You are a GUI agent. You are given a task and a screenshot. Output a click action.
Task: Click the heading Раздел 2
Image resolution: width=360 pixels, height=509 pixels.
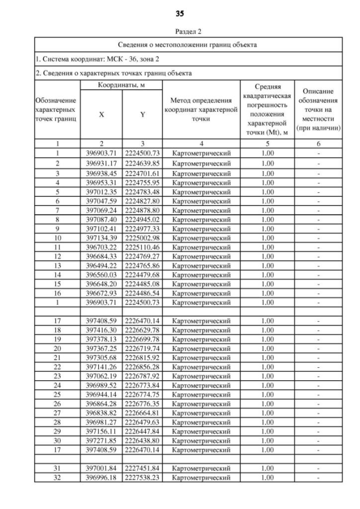(x=179, y=31)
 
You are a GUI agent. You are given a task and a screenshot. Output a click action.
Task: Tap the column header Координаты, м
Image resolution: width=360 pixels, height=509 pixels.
(x=121, y=85)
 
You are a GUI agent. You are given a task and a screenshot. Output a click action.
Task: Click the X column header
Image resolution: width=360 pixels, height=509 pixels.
(x=101, y=114)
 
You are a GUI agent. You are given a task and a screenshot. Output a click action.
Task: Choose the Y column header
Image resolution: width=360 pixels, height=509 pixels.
(x=142, y=114)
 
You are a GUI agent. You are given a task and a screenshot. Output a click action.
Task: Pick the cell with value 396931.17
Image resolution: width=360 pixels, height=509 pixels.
(x=101, y=163)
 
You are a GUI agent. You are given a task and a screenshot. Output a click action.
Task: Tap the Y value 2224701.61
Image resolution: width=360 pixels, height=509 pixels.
(x=142, y=173)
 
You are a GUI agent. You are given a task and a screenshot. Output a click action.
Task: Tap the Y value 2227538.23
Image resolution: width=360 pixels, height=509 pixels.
(x=142, y=478)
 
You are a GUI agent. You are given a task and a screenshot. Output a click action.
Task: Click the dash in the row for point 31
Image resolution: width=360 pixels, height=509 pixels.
(x=318, y=468)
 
